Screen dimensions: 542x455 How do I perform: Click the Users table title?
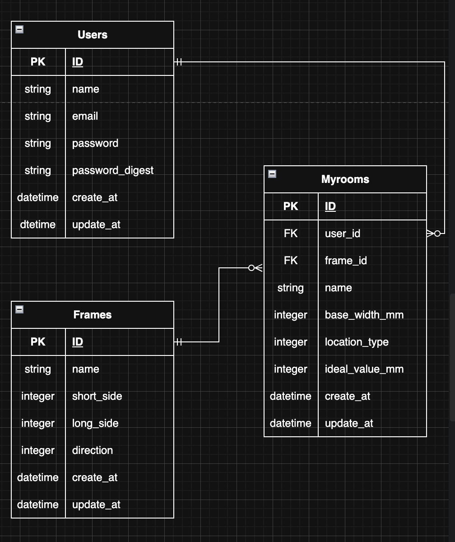coord(93,35)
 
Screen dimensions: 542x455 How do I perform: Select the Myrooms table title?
coord(345,179)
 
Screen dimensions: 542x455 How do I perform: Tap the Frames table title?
coord(93,315)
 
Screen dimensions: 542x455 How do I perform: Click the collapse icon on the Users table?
coord(19,29)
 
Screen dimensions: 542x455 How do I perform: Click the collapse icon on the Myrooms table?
coord(272,174)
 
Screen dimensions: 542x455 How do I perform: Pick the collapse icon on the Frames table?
coord(19,309)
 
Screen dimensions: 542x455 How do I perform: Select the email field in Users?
coord(85,116)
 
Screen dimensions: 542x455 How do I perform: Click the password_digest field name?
coord(113,170)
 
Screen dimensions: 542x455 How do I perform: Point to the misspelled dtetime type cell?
coord(38,224)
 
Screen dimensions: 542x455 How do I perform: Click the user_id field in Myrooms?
coord(343,234)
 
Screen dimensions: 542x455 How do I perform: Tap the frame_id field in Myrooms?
coord(346,261)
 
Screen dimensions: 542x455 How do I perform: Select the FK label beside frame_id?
coord(291,261)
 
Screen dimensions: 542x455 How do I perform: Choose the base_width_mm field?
coord(364,315)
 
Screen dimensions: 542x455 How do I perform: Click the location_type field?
coord(357,342)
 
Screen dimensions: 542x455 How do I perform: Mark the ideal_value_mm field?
coord(364,369)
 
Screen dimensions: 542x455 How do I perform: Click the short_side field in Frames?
coord(97,396)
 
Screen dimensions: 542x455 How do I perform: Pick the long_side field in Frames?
coord(95,423)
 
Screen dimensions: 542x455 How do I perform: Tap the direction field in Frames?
coord(93,450)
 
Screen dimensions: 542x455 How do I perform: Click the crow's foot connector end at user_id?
coord(433,234)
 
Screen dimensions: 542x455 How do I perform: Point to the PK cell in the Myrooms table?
coord(291,206)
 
